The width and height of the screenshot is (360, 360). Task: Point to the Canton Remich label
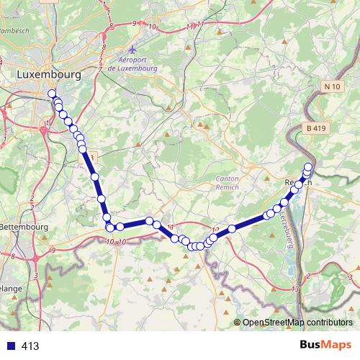[231, 181]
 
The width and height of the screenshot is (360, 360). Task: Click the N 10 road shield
[332, 87]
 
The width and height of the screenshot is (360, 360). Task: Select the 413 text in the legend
[30, 346]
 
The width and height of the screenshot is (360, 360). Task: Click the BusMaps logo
[325, 345]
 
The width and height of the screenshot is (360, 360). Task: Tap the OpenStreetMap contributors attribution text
[297, 323]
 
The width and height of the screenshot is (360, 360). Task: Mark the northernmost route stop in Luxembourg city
[52, 94]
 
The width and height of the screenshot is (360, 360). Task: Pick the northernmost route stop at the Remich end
[308, 167]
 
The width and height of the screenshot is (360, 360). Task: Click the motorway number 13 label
[296, 288]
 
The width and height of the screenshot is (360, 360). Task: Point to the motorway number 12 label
[215, 230]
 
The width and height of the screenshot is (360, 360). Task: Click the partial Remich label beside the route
[297, 183]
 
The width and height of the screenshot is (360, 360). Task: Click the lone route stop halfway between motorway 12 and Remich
[233, 229]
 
